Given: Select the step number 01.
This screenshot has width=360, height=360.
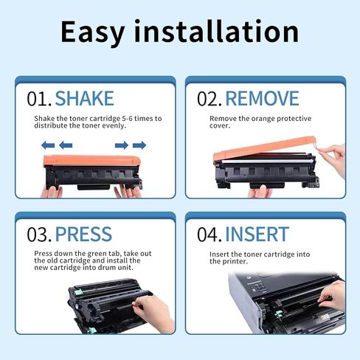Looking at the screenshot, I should (38, 98).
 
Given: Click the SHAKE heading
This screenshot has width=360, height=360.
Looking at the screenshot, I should (84, 98).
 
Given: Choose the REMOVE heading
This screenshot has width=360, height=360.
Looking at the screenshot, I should (262, 98).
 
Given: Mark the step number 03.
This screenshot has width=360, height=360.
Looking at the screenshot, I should (39, 235).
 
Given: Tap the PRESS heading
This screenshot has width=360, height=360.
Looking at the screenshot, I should (83, 235).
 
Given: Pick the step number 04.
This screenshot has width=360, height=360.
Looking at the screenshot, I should (209, 235).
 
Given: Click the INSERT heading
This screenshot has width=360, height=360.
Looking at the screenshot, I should (257, 235).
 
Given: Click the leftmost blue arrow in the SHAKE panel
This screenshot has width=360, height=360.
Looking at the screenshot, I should (46, 145).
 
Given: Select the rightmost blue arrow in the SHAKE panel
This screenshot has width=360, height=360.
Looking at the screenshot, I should (140, 145).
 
